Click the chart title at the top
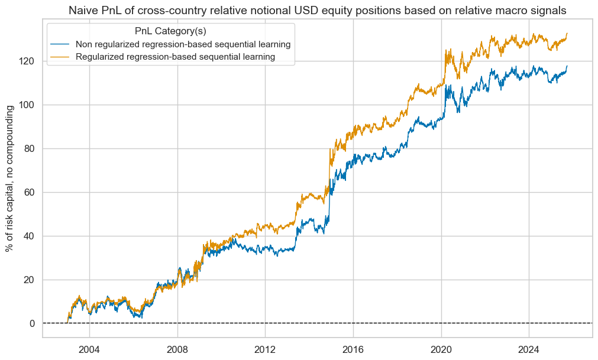pyautogui.click(x=317, y=10)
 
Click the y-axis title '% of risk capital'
pyautogui.click(x=10, y=177)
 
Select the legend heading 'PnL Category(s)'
pyautogui.click(x=170, y=31)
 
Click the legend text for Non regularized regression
pyautogui.click(x=183, y=44)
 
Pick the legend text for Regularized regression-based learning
pyautogui.click(x=176, y=57)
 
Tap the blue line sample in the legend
pyautogui.click(x=61, y=44)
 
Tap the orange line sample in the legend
pyautogui.click(x=61, y=57)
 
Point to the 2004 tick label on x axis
pyautogui.click(x=89, y=348)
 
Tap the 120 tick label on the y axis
pyautogui.click(x=28, y=61)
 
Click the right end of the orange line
pyautogui.click(x=567, y=34)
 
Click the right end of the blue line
pyautogui.click(x=567, y=66)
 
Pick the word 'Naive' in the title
pyautogui.click(x=83, y=10)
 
